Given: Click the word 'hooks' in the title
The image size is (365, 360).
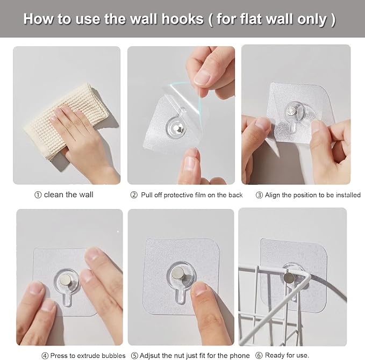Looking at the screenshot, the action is (183, 19).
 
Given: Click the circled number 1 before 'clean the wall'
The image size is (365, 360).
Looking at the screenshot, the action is (38, 195).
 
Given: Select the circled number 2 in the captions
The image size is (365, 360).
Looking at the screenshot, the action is (134, 195).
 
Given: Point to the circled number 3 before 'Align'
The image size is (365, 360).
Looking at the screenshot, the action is (259, 195).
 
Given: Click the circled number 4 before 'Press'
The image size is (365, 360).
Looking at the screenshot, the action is (45, 356).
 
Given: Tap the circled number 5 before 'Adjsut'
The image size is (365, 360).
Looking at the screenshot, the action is (134, 356).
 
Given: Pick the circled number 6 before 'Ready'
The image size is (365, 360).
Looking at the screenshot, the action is (259, 355).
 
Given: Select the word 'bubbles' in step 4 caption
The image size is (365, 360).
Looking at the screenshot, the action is (113, 356).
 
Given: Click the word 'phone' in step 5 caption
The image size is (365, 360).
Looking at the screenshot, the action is (240, 356).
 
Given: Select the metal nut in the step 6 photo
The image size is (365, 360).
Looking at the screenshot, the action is (289, 277).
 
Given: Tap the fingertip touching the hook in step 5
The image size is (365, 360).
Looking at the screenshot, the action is (198, 289).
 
